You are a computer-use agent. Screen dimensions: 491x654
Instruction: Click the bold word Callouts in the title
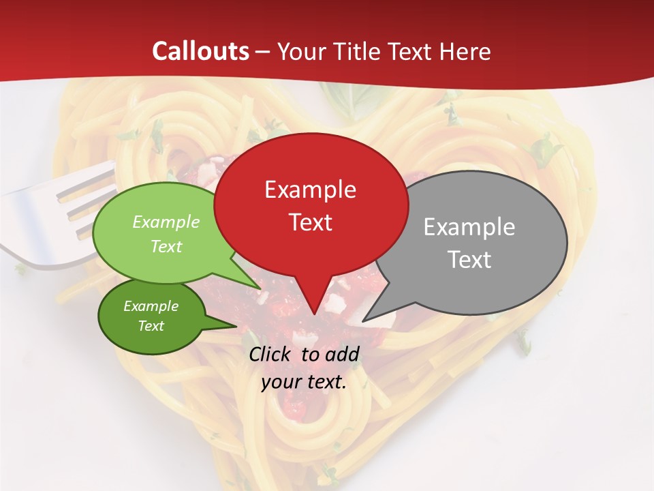coord(201,51)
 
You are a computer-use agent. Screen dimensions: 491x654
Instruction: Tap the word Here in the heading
coord(465,51)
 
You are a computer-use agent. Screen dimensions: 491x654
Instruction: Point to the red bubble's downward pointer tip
coord(313,313)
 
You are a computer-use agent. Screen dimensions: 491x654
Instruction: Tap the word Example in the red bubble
coord(310,190)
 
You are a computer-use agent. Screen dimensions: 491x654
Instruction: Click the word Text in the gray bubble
coord(469,260)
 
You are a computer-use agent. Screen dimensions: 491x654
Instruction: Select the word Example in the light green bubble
coord(166,222)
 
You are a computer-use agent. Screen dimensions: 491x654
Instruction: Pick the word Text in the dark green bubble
coord(151,326)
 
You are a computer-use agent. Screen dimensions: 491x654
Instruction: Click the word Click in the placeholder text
coord(271,354)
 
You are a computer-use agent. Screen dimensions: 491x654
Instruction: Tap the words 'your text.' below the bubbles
coord(304,382)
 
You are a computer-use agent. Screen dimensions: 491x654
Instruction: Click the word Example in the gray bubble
coord(469,227)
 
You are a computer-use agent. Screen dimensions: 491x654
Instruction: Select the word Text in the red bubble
coord(310,222)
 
